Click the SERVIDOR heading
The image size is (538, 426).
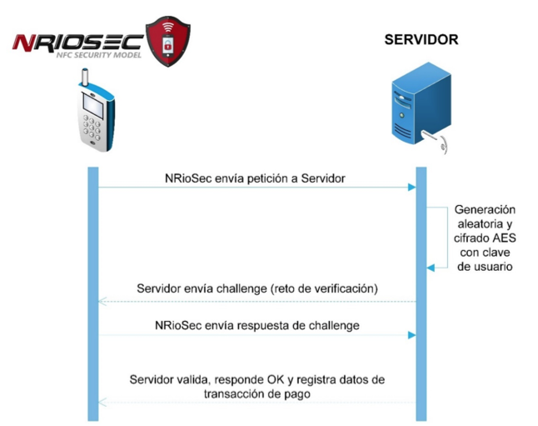421,39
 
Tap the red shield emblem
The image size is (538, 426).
167,41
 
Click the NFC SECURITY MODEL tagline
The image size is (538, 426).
99,55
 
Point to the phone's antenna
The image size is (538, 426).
85,77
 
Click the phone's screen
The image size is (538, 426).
93,106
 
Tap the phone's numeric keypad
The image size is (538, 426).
92,128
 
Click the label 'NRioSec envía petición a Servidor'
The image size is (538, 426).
255,178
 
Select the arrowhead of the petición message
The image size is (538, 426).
411,188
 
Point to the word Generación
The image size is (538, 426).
485,209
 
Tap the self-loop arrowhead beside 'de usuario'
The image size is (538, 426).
431,268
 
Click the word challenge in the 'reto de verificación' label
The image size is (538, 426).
242,288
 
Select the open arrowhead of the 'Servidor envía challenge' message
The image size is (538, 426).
102,302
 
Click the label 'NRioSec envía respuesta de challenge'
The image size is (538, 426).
257,325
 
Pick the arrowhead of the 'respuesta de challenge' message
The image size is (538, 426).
411,335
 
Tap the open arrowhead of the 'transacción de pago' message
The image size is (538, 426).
102,402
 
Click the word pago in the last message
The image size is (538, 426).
297,394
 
